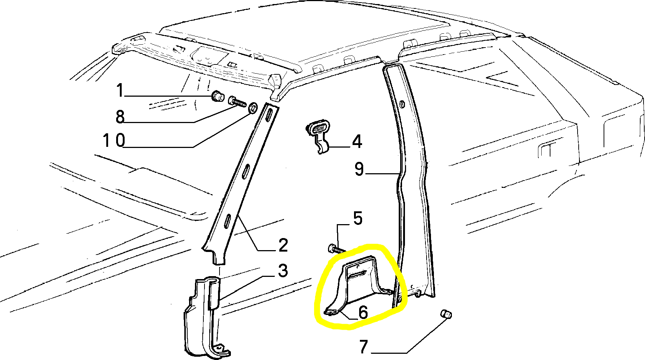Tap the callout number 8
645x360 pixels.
(120, 116)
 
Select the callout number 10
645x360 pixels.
(114, 140)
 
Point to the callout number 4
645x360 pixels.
(357, 141)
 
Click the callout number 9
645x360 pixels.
(359, 170)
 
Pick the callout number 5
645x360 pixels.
(358, 218)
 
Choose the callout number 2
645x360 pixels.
(283, 245)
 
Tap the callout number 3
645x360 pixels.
(283, 271)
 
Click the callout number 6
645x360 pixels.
(363, 312)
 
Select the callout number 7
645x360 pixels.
(363, 346)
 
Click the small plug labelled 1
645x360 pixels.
(218, 97)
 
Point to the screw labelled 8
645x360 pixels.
(237, 101)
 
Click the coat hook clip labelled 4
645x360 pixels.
(318, 136)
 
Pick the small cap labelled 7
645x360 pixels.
(446, 314)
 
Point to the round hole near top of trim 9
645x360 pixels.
(402, 105)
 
